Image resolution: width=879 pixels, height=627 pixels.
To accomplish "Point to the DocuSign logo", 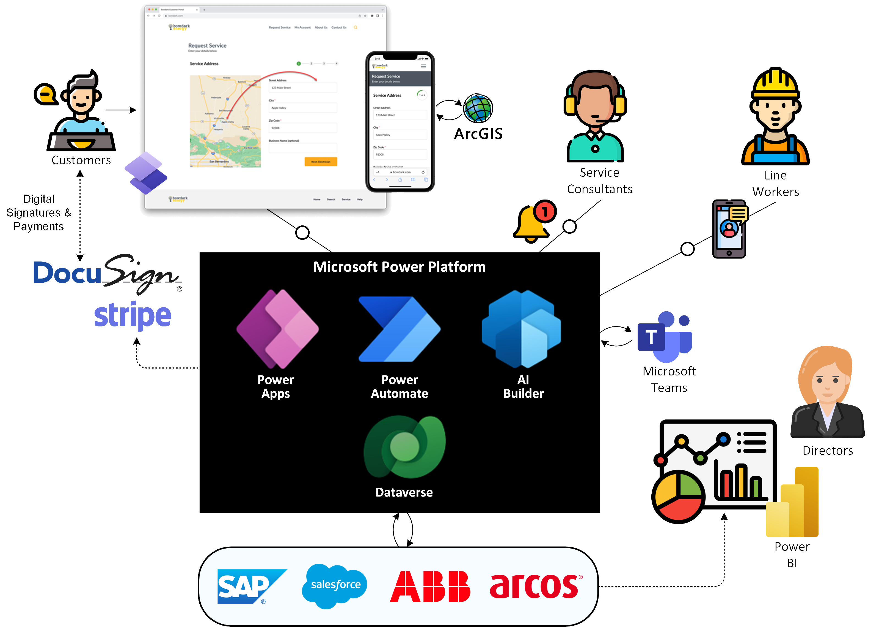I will [x=106, y=274].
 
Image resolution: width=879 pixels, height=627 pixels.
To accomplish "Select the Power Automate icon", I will [x=399, y=329].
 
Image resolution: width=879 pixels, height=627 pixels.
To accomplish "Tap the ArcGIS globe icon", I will [x=478, y=108].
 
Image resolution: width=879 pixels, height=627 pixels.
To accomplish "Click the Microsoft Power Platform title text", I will [x=399, y=267].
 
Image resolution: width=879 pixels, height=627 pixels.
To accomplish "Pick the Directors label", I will [x=827, y=451].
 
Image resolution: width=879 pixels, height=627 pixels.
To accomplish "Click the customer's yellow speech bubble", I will [x=46, y=94].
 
